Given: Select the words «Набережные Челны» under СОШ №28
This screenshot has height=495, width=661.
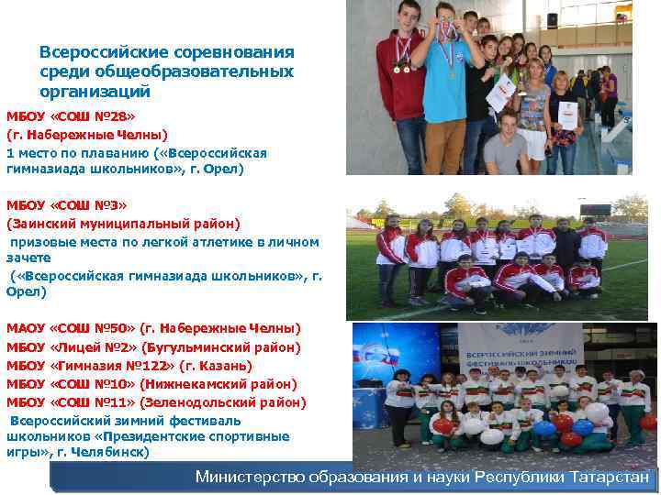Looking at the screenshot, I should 93,135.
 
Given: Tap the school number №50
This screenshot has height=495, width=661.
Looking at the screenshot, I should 118,328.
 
